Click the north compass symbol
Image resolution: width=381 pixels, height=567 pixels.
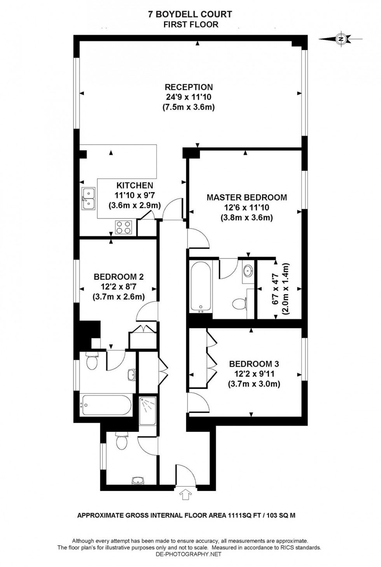pos(341,39)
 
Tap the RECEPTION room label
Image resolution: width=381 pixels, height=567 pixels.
pos(189,87)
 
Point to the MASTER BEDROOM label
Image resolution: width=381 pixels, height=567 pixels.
pos(246,197)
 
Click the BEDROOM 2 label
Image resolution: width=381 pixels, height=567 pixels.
pos(119,277)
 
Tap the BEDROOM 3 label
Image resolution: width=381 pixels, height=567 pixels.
pos(254,364)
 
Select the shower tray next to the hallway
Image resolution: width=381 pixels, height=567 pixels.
pos(148,410)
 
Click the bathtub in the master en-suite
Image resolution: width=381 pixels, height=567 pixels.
pos(201,286)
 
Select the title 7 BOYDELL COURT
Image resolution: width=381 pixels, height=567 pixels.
pos(190,14)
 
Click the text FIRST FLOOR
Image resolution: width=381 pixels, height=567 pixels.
pos(190,24)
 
